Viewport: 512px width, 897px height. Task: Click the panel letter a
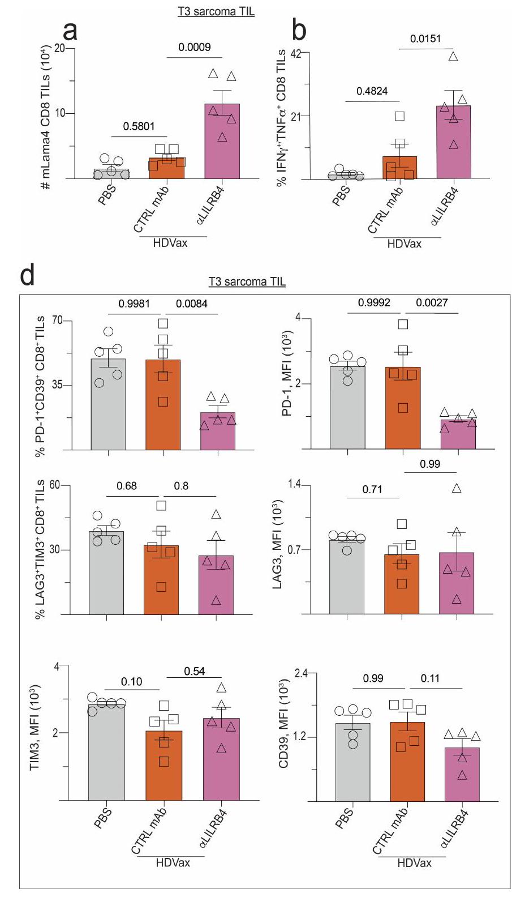pyautogui.click(x=70, y=31)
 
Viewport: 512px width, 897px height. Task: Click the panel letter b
pyautogui.click(x=299, y=31)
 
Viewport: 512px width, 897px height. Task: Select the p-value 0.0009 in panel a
pyautogui.click(x=195, y=48)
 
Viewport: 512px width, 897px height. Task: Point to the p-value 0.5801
pyautogui.click(x=139, y=126)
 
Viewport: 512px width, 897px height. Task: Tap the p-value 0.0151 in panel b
pyautogui.click(x=425, y=39)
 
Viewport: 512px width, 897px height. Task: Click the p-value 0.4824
pyautogui.click(x=372, y=91)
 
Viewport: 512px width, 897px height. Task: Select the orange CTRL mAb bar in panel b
pyautogui.click(x=400, y=168)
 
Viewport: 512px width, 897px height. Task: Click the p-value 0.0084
pyautogui.click(x=192, y=304)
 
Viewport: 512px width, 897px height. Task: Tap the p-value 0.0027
pyautogui.click(x=432, y=303)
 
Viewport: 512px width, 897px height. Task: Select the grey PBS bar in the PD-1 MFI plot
pyautogui.click(x=347, y=408)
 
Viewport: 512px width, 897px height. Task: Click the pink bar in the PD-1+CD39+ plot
pyautogui.click(x=218, y=431)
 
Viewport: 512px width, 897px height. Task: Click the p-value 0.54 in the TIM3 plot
pyautogui.click(x=195, y=672)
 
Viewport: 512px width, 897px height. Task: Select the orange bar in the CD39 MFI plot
pyautogui.click(x=407, y=762)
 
